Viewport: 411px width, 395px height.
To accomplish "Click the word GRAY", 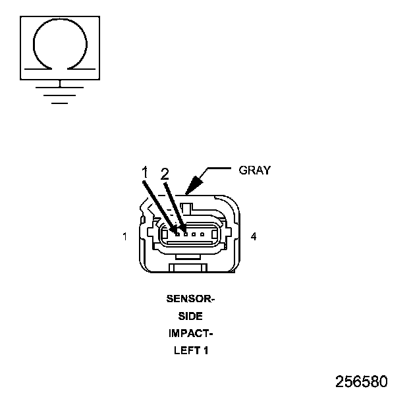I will coord(254,170).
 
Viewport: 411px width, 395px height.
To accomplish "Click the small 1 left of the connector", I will coord(125,236).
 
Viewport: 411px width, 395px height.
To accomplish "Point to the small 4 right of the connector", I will coord(254,236).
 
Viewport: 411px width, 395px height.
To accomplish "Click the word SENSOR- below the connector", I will coord(190,299).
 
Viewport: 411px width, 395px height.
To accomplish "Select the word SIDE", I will coord(190,316).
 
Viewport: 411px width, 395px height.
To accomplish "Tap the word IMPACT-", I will coord(190,333).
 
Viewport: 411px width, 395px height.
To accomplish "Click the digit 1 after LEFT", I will coord(205,350).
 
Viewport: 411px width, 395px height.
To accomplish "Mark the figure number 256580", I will coord(361,382).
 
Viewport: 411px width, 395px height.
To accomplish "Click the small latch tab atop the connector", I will coord(186,209).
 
